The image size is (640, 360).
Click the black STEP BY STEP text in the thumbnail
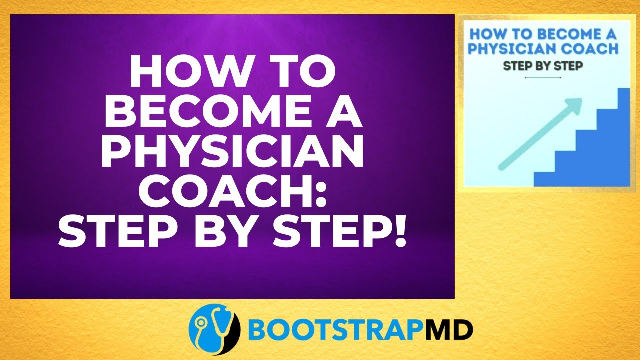click(543, 66)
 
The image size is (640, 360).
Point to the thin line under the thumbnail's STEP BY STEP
click(543, 78)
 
